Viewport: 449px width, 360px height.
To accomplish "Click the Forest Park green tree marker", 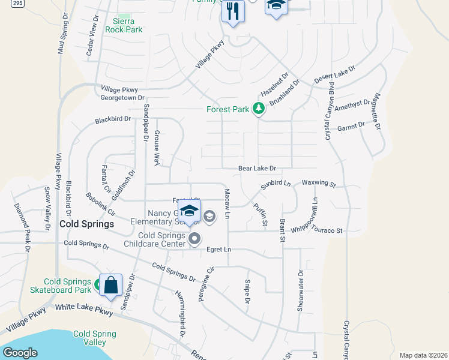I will tap(259, 109).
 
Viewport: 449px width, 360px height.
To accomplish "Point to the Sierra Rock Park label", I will tap(124, 25).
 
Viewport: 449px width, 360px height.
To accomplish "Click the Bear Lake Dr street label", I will tap(257, 169).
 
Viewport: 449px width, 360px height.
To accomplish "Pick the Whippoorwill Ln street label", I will tap(315, 210).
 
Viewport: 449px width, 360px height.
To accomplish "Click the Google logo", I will tap(20, 353).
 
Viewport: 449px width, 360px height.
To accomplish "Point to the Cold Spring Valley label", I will tap(89, 338).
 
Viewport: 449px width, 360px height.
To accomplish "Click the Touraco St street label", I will tap(328, 230).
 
